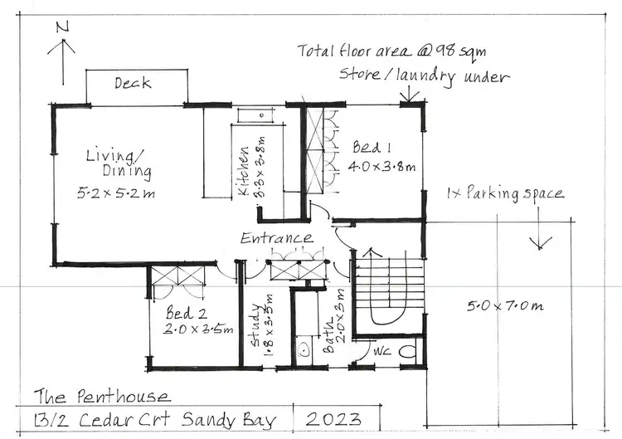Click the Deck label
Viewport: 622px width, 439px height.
click(x=132, y=83)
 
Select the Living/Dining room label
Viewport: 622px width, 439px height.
click(x=119, y=163)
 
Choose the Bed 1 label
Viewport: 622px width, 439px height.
click(x=372, y=148)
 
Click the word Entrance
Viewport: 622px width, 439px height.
click(x=277, y=238)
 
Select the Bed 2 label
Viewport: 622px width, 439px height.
click(x=180, y=315)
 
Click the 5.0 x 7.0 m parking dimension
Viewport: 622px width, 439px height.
click(x=503, y=305)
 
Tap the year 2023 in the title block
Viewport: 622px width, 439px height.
click(x=334, y=417)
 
